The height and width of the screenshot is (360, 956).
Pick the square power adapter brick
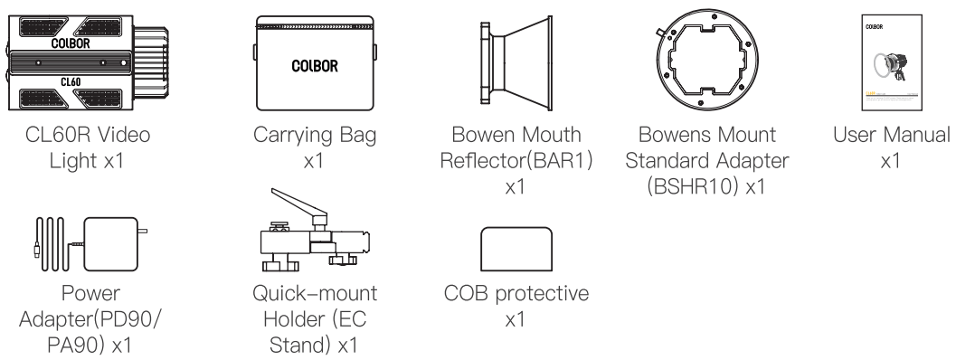click(x=110, y=243)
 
